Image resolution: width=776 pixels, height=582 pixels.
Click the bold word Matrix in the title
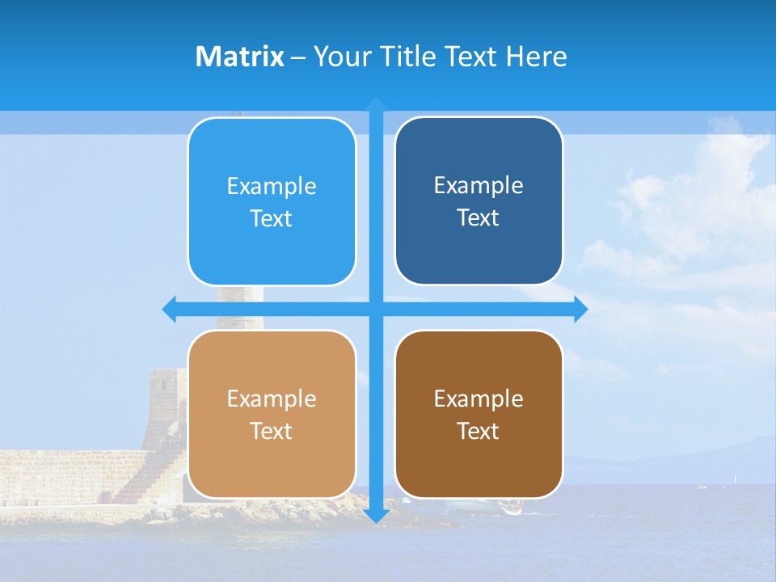pos(239,57)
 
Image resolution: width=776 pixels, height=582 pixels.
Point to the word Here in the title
pos(536,57)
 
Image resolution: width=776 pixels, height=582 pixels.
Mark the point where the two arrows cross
pos(376,309)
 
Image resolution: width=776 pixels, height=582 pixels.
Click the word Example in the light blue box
pos(272,187)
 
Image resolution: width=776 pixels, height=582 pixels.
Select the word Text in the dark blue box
pos(479,218)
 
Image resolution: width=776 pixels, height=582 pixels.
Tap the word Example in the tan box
pos(272,399)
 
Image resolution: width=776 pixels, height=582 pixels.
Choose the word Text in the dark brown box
pos(479,432)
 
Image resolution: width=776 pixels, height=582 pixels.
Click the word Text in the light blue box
pos(272,219)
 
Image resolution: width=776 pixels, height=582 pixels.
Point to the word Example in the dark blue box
pos(479,186)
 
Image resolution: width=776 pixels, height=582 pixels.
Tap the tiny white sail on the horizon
pos(735,479)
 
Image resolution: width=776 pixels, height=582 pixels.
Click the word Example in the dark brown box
pos(479,399)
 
